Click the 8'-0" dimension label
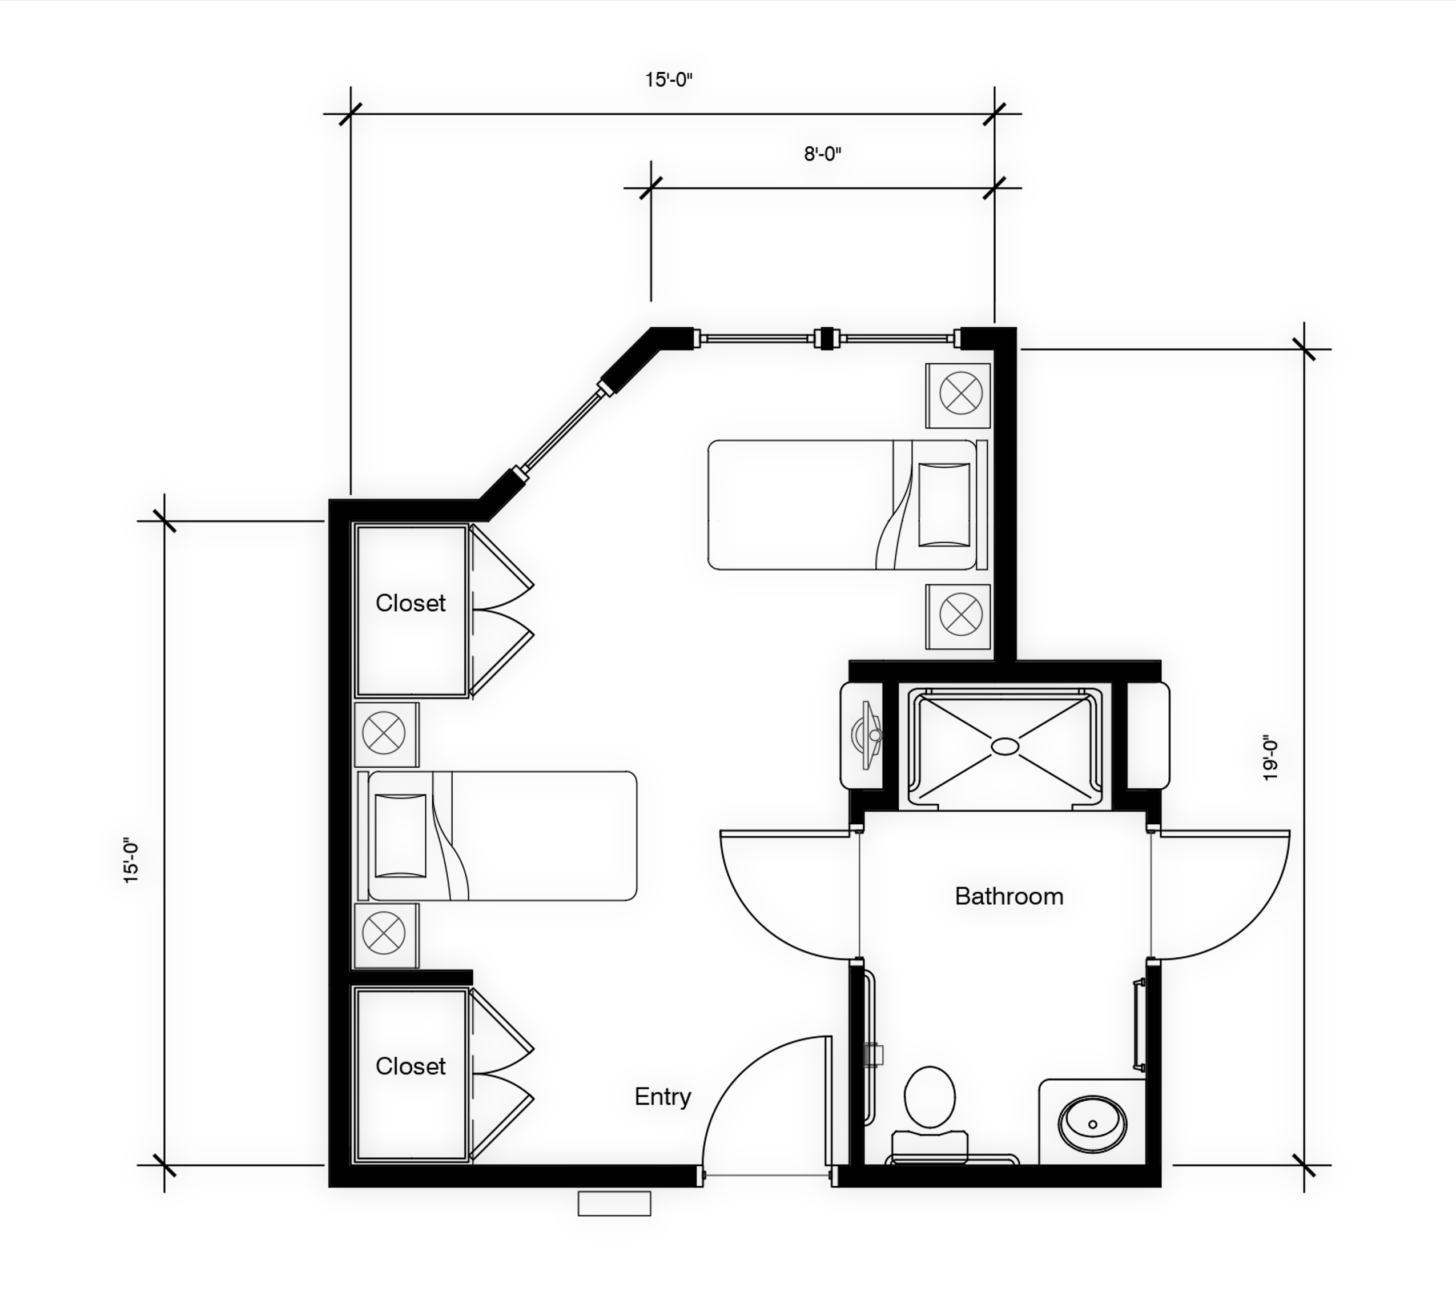pos(822,154)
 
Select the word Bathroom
pos(1009,896)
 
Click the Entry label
pos(662,1097)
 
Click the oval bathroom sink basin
pos(1092,1124)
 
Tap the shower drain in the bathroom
pos(1005,747)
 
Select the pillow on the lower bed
pos(401,836)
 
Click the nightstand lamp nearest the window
pos(960,393)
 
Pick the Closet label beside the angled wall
pos(410,603)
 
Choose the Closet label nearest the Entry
pos(410,1066)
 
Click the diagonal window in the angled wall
pos(562,430)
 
